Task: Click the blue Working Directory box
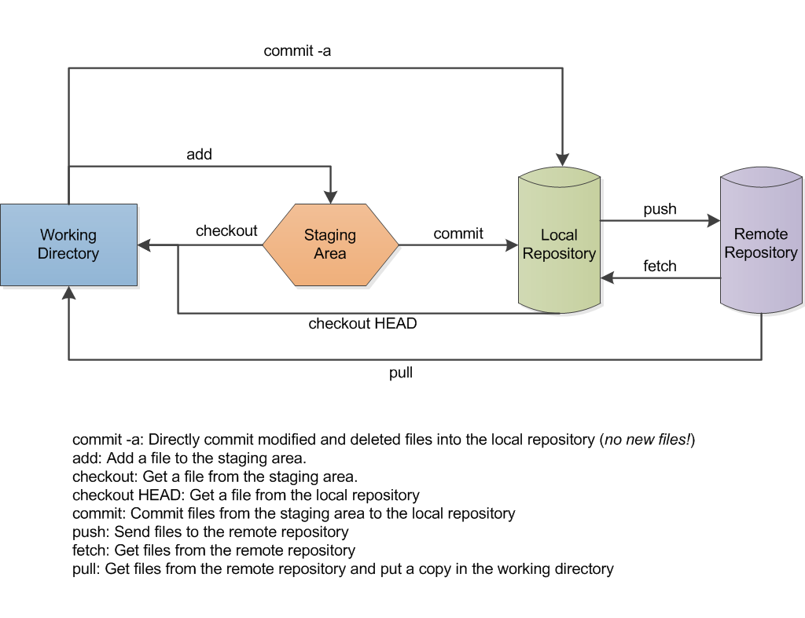click(68, 245)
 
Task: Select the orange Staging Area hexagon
click(330, 245)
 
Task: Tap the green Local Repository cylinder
click(559, 245)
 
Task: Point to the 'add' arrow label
click(199, 154)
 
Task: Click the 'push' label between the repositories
click(660, 209)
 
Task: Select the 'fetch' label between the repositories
click(660, 266)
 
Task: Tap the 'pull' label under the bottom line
click(401, 373)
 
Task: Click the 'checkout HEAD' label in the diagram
click(362, 323)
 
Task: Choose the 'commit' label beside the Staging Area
click(458, 234)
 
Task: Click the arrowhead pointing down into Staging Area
click(330, 196)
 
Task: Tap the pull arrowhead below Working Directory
click(69, 293)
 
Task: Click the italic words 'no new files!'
click(647, 440)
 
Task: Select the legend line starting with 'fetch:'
click(214, 550)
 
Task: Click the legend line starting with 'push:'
click(211, 532)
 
